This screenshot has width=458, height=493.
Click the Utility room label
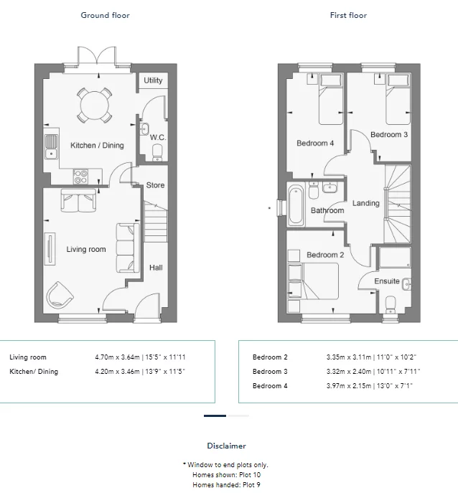click(x=153, y=80)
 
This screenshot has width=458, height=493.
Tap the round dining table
click(x=94, y=105)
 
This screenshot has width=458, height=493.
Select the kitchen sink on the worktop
click(x=51, y=146)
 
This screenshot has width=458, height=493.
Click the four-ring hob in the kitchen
click(x=81, y=177)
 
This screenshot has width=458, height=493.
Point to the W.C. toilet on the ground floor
click(x=157, y=153)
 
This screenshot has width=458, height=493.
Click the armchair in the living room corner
click(x=59, y=296)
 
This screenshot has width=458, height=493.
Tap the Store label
click(x=155, y=185)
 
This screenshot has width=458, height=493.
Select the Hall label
click(x=156, y=268)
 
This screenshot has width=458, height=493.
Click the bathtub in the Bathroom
click(x=296, y=205)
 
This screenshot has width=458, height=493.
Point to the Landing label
click(x=366, y=203)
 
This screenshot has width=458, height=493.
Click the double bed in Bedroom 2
click(x=314, y=281)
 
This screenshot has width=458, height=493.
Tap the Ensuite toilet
click(x=391, y=304)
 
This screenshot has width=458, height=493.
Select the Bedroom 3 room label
click(x=389, y=135)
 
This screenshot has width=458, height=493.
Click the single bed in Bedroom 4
click(x=331, y=99)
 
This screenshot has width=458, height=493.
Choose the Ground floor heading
click(x=105, y=15)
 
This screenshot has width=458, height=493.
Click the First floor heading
click(x=348, y=15)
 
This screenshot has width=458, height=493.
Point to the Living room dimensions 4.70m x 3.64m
click(x=117, y=357)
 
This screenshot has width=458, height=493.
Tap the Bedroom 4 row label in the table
click(x=270, y=386)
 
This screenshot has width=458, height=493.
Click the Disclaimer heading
click(x=226, y=446)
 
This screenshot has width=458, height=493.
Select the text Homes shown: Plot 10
click(x=226, y=475)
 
